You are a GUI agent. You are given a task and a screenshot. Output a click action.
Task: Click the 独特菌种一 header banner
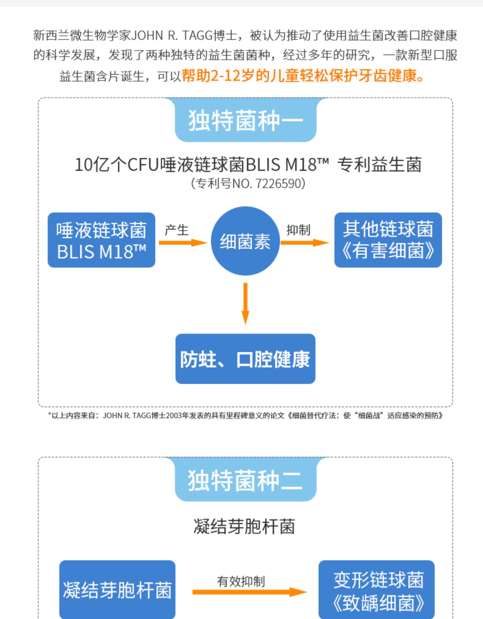click(x=245, y=120)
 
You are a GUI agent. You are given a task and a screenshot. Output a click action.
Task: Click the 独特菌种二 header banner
click(x=245, y=480)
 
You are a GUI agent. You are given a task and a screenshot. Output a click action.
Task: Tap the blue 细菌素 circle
click(x=245, y=241)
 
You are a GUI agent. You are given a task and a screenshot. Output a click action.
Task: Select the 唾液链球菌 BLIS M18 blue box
click(x=101, y=240)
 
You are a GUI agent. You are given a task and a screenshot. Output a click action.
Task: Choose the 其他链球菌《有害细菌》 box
click(x=388, y=240)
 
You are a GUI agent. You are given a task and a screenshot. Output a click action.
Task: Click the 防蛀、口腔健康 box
click(x=245, y=359)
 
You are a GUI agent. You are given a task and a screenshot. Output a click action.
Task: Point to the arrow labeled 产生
click(x=183, y=243)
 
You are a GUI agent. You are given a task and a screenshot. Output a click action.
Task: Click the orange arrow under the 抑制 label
click(x=304, y=243)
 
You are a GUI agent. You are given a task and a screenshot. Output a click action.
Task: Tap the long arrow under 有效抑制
click(x=249, y=592)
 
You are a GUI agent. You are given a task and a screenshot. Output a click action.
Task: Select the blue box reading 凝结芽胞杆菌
click(x=117, y=590)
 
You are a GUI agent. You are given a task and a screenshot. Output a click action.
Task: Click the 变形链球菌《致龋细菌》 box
click(x=376, y=590)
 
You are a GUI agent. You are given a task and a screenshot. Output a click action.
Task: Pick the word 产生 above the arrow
click(x=177, y=230)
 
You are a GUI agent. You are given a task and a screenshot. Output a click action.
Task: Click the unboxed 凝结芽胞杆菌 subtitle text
click(x=244, y=527)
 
